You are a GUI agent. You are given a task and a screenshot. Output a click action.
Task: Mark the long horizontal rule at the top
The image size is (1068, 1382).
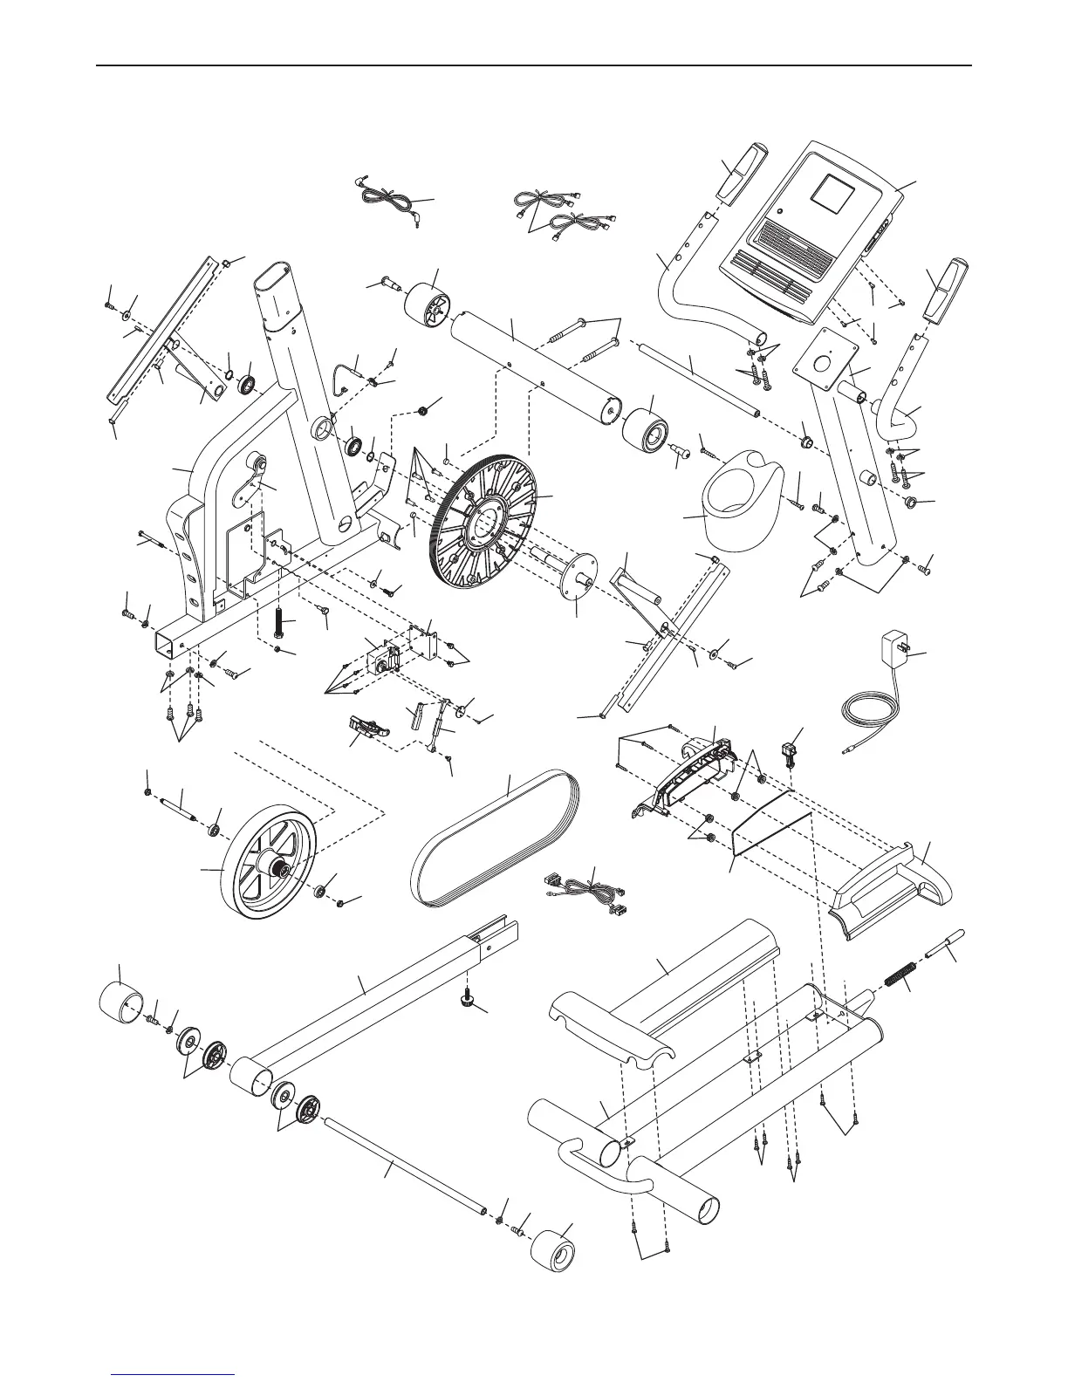click(x=533, y=65)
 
